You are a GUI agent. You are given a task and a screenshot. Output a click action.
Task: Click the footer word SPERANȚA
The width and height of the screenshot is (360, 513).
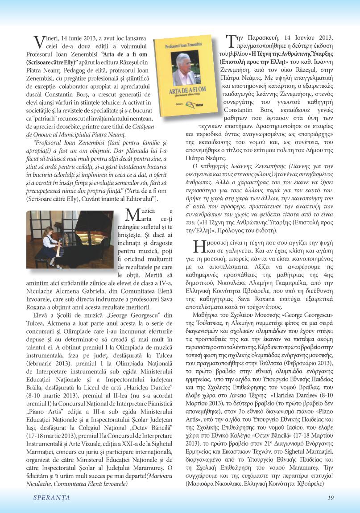tap(48, 498)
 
